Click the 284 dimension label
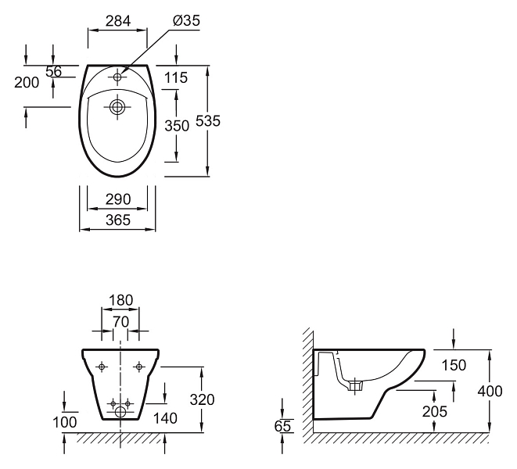click(x=118, y=21)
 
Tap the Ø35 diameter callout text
click(x=186, y=21)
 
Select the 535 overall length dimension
click(x=208, y=121)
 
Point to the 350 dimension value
click(x=177, y=126)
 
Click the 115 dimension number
click(x=176, y=78)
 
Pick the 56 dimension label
click(x=53, y=71)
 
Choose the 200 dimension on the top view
click(x=27, y=82)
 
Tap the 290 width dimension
click(x=118, y=199)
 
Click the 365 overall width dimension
click(x=118, y=220)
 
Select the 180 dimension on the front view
click(x=120, y=300)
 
